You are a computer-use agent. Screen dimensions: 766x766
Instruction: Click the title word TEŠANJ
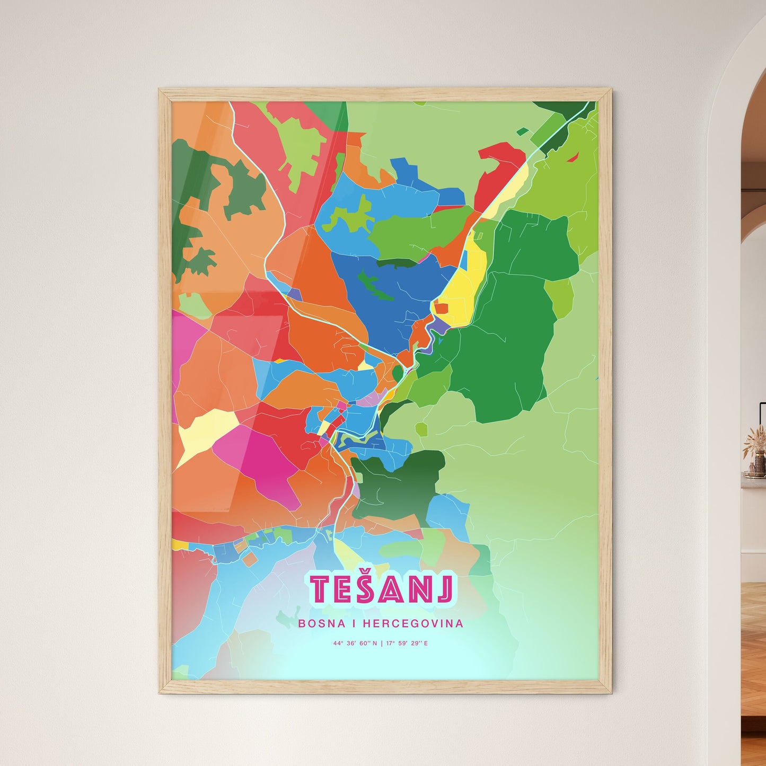pyautogui.click(x=382, y=589)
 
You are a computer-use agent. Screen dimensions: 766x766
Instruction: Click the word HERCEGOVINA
pyautogui.click(x=413, y=623)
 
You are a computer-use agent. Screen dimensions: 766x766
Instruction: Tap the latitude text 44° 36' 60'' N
pyautogui.click(x=355, y=644)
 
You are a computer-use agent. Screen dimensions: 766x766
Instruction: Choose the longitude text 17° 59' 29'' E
pyautogui.click(x=407, y=644)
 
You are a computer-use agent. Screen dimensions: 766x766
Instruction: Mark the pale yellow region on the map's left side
pyautogui.click(x=207, y=432)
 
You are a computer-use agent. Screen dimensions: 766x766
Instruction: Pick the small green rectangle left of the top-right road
pyautogui.click(x=522, y=131)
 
